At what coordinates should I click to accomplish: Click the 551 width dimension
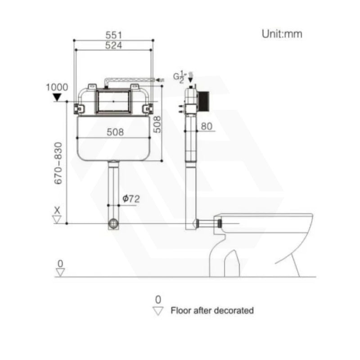coord(114,35)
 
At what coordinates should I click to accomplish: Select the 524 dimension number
coord(113,45)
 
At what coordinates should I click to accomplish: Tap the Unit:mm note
coord(282,34)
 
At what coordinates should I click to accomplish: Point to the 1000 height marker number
coord(57,87)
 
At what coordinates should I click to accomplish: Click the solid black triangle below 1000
coord(57,97)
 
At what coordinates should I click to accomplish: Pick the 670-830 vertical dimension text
coord(58,163)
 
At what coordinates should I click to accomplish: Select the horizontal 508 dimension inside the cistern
coord(115,132)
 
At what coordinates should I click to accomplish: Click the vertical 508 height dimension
coord(157,125)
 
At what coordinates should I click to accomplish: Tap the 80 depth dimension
coord(207,126)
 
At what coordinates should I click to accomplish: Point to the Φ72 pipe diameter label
coord(131,198)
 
